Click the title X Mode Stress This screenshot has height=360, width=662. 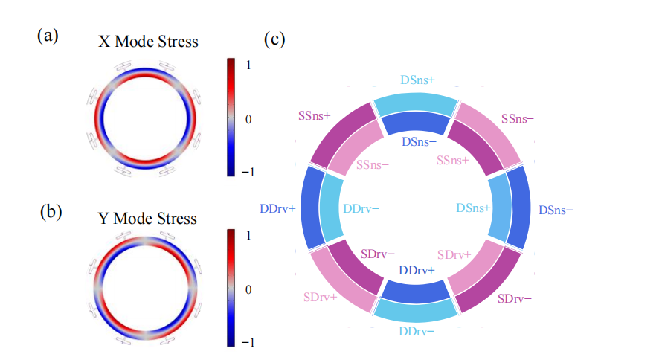(149, 42)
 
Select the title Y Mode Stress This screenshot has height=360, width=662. (148, 219)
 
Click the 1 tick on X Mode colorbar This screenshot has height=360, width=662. (248, 65)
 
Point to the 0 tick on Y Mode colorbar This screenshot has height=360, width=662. (248, 289)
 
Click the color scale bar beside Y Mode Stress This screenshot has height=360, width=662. (231, 289)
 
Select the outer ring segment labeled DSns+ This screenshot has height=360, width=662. (415, 106)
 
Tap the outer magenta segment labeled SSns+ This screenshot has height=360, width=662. (339, 134)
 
